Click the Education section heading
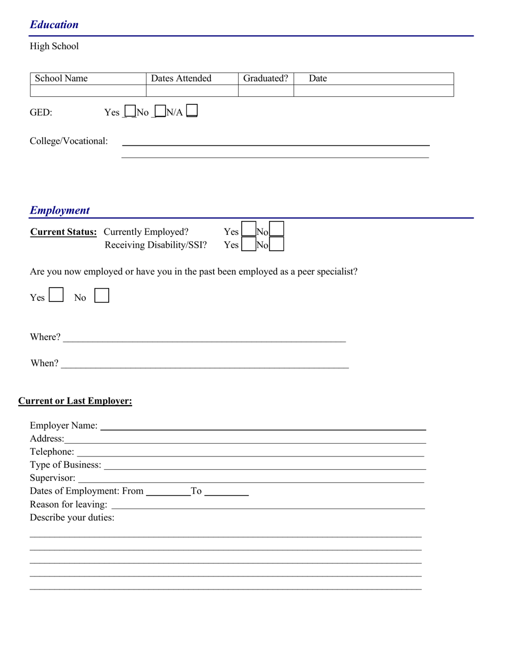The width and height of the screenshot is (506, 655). [54, 24]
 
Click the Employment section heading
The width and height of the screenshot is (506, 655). [60, 210]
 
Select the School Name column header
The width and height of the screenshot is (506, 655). [61, 79]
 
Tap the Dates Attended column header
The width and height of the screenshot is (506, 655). [181, 79]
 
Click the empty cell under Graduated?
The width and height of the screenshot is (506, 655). [265, 91]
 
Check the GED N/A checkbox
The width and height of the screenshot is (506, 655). [192, 111]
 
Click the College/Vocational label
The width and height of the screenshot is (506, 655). [69, 141]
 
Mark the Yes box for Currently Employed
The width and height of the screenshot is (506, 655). [248, 230]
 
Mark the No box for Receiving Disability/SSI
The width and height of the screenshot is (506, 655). [276, 244]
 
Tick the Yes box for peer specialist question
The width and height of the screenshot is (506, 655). [56, 295]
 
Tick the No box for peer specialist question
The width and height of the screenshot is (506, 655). [102, 296]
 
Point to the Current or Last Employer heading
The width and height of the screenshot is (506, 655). [75, 401]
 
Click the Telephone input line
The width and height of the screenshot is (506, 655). [250, 453]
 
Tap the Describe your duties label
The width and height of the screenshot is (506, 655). [72, 518]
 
